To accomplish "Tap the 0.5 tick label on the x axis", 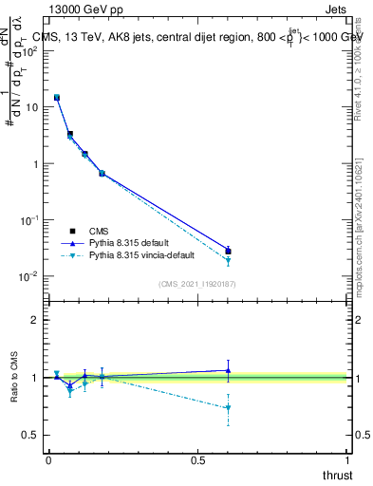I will [x=197, y=460].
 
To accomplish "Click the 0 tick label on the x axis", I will [x=48, y=460].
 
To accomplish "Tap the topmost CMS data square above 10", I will [x=57, y=97].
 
